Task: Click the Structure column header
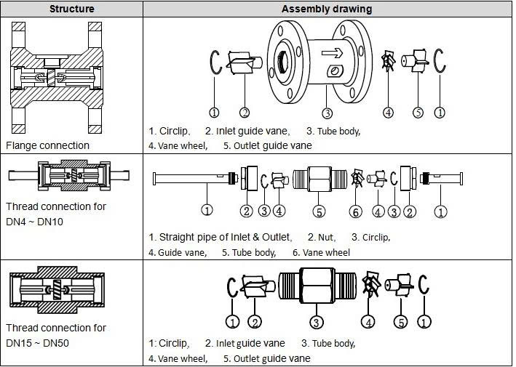pyautogui.click(x=71, y=9)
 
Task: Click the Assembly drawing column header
pyautogui.click(x=327, y=9)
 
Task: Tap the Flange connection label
pyautogui.click(x=48, y=145)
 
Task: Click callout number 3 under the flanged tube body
pyautogui.click(x=328, y=113)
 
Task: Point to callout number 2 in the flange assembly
pyautogui.click(x=245, y=113)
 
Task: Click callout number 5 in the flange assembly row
pyautogui.click(x=418, y=113)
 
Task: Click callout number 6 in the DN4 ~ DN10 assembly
pyautogui.click(x=355, y=211)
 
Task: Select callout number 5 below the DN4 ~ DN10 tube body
pyautogui.click(x=318, y=211)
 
